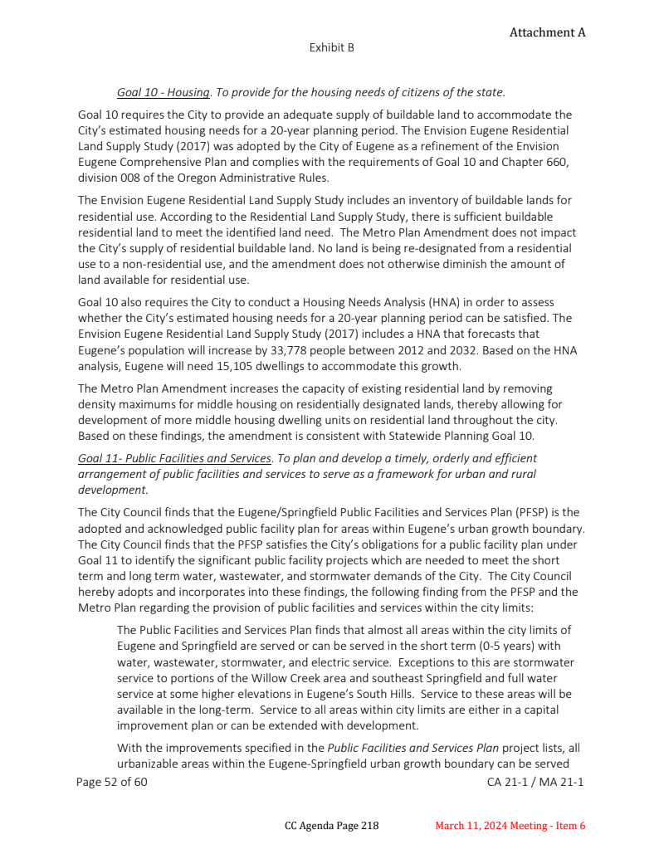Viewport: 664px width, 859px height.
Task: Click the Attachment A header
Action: (x=547, y=32)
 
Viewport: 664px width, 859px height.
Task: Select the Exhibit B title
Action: (x=331, y=48)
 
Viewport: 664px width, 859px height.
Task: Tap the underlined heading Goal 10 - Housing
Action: (x=163, y=92)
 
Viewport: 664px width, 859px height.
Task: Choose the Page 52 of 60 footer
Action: (x=111, y=782)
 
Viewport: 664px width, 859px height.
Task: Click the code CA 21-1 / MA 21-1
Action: (x=535, y=782)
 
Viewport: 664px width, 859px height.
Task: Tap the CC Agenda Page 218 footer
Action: (x=331, y=826)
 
